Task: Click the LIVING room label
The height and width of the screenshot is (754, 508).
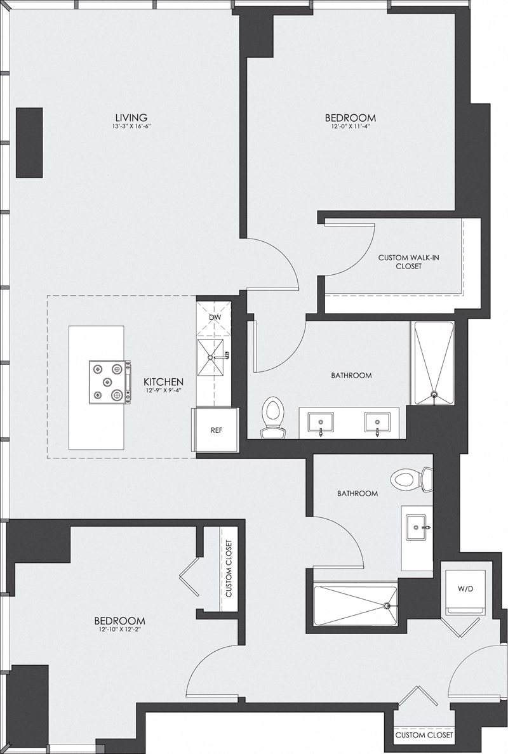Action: (131, 117)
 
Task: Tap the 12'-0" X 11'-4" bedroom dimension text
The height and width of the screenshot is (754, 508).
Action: (350, 126)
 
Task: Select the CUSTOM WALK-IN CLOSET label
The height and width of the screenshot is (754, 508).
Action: (400, 262)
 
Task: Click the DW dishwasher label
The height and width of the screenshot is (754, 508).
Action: (215, 317)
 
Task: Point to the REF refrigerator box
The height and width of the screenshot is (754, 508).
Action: (216, 430)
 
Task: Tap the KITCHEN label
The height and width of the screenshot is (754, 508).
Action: (163, 381)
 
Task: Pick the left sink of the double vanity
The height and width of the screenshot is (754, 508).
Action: (321, 421)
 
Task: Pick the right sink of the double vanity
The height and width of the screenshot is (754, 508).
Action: (377, 421)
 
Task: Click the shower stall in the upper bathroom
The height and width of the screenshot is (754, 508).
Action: (434, 363)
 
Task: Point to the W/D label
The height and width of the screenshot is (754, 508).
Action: (465, 588)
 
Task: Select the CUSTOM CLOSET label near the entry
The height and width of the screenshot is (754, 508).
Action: (424, 735)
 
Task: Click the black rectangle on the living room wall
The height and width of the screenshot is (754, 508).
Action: (29, 142)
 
